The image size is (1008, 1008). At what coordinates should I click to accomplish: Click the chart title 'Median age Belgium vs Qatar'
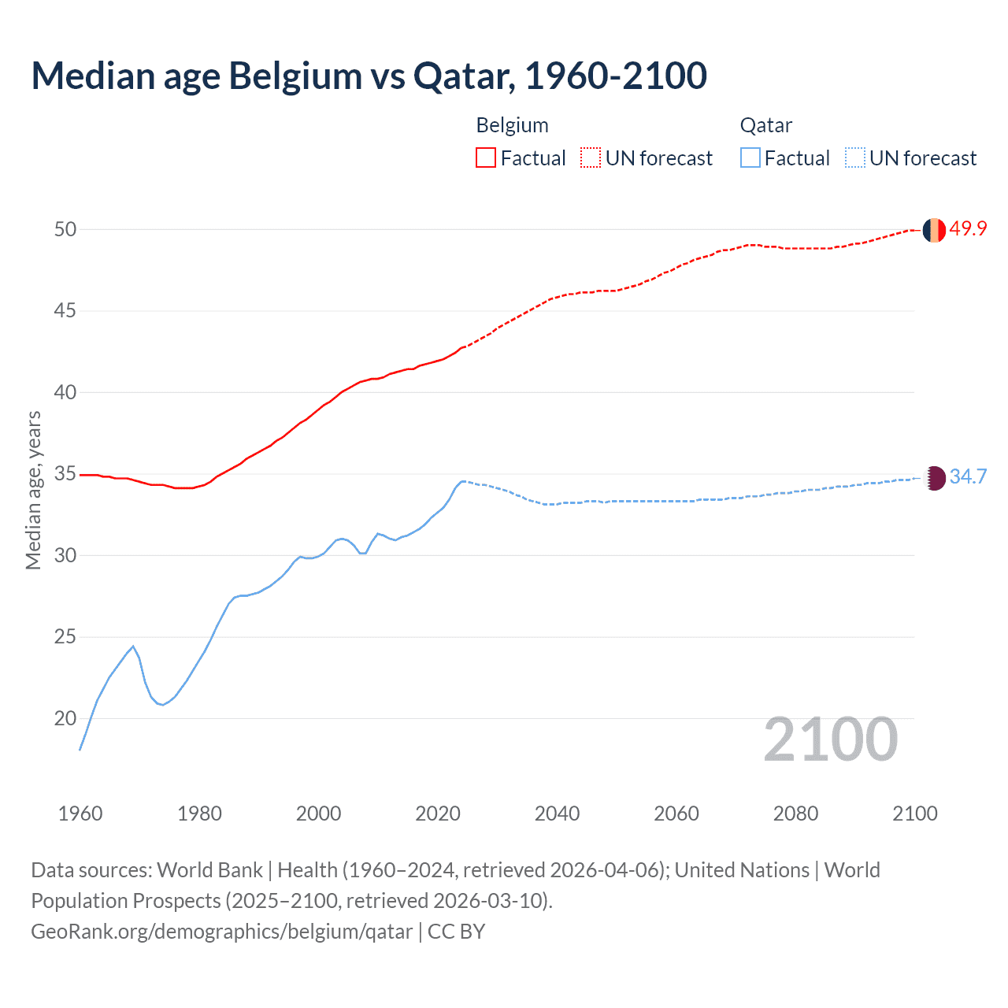pyautogui.click(x=369, y=76)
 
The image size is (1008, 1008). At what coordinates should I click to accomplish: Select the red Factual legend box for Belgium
pyautogui.click(x=486, y=157)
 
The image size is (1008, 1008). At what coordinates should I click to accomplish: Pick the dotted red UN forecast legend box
pyautogui.click(x=591, y=157)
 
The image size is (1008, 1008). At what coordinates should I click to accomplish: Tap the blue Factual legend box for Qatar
pyautogui.click(x=750, y=157)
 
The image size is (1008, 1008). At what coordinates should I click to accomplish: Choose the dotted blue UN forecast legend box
pyautogui.click(x=854, y=157)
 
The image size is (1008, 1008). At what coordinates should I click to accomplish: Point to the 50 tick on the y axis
pyautogui.click(x=65, y=229)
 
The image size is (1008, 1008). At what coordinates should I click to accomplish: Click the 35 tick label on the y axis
pyautogui.click(x=65, y=474)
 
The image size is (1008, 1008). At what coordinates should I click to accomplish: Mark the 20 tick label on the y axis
pyautogui.click(x=65, y=718)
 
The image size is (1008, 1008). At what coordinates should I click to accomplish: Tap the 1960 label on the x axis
pyautogui.click(x=80, y=813)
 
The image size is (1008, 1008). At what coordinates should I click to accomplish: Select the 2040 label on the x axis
pyautogui.click(x=557, y=813)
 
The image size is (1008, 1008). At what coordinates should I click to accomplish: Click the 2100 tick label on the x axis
pyautogui.click(x=914, y=813)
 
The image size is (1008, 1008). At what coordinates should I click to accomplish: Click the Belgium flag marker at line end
pyautogui.click(x=934, y=230)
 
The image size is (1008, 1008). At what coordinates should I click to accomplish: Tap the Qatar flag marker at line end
pyautogui.click(x=934, y=477)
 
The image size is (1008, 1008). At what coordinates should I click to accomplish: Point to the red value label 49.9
pyautogui.click(x=968, y=228)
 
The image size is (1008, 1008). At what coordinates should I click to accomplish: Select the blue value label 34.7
pyautogui.click(x=968, y=476)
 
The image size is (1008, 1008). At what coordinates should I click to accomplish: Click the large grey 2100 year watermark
pyautogui.click(x=830, y=739)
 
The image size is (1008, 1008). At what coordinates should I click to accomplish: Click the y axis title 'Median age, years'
pyautogui.click(x=33, y=490)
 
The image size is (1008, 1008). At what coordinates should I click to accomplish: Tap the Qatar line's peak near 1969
pyautogui.click(x=133, y=647)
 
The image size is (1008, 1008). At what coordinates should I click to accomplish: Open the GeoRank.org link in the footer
pyautogui.click(x=221, y=932)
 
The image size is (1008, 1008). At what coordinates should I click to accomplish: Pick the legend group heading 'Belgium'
pyautogui.click(x=512, y=125)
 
